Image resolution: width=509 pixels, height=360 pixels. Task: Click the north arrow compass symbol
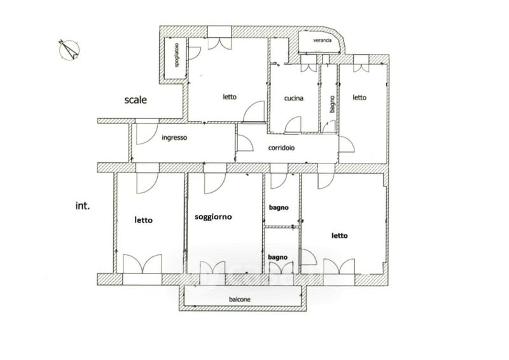[x=69, y=50]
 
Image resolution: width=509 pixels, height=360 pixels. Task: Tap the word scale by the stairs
[x=136, y=100]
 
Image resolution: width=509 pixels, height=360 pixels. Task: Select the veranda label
[x=323, y=40]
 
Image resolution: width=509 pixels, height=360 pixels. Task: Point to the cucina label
[x=294, y=98]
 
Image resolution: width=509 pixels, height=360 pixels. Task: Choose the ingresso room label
[x=174, y=137]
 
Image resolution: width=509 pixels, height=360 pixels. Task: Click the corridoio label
[x=281, y=148]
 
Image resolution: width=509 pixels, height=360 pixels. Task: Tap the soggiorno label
[x=213, y=217]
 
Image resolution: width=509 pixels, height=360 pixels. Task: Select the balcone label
[x=240, y=300]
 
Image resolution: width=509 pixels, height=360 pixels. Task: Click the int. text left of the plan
[x=83, y=205]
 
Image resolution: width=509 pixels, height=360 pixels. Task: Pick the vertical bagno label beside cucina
[x=331, y=104]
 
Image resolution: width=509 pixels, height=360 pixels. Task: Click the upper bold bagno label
[x=279, y=207]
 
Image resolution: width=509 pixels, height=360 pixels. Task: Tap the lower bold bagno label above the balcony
[x=277, y=257]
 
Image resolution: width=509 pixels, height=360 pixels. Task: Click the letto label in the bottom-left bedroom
[x=144, y=220]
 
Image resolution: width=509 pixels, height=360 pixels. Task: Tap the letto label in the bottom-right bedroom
[x=340, y=236]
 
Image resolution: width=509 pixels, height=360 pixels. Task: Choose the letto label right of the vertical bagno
[x=359, y=97]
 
